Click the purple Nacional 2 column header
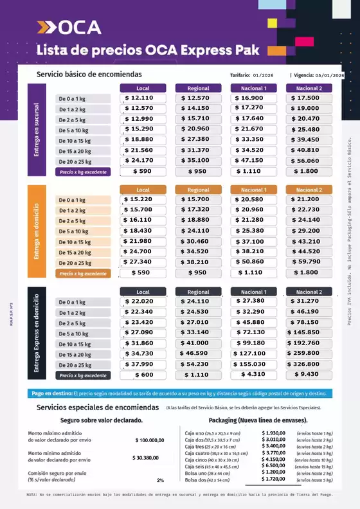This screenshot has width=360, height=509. pos(309,88)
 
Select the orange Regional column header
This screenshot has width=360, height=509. pos(198,190)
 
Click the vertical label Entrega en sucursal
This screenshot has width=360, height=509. pos(37,129)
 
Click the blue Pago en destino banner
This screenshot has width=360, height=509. pos(180,393)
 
